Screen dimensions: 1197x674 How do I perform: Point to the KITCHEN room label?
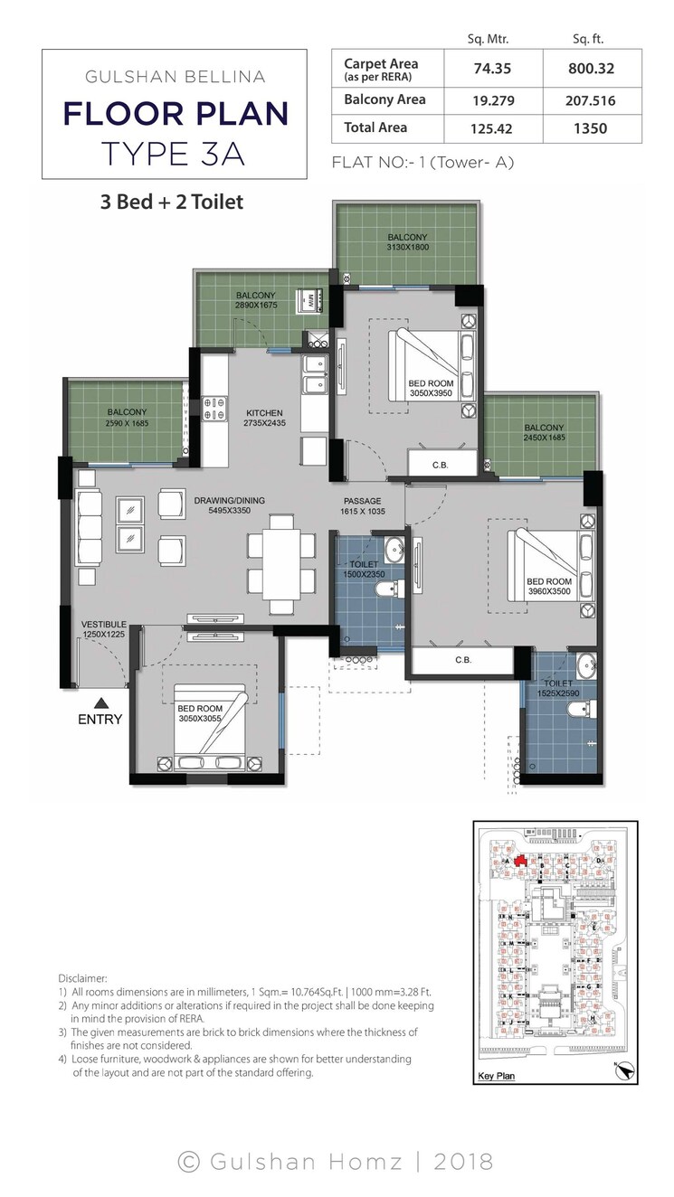[x=263, y=413]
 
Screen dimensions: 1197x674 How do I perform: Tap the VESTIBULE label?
[x=103, y=624]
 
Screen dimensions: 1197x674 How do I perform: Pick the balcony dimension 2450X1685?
[x=543, y=438]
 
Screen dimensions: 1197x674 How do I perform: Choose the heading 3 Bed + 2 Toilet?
[x=172, y=202]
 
